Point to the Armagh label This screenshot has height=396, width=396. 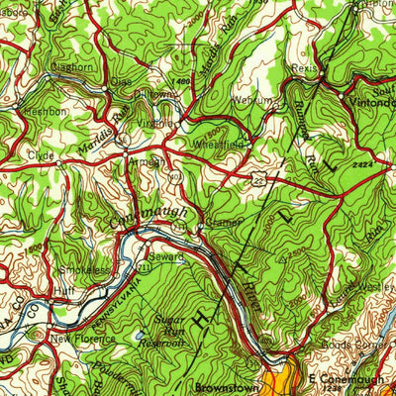click(146, 161)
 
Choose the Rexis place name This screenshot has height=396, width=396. click(306, 70)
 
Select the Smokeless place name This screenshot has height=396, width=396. click(84, 267)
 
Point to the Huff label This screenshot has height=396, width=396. click(65, 292)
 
